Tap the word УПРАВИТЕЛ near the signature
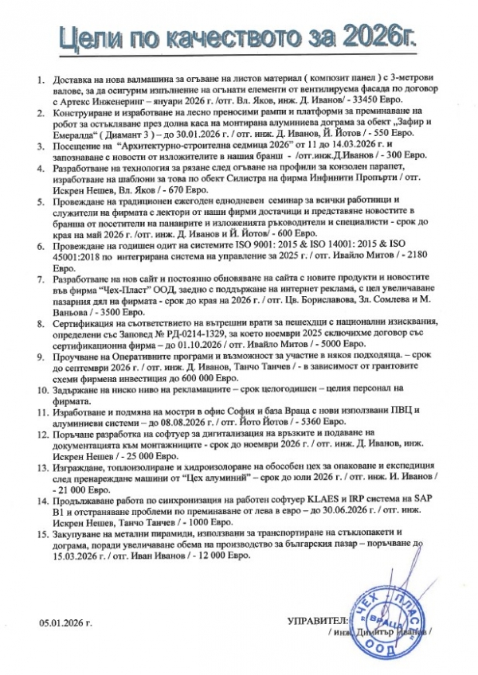point(315,619)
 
